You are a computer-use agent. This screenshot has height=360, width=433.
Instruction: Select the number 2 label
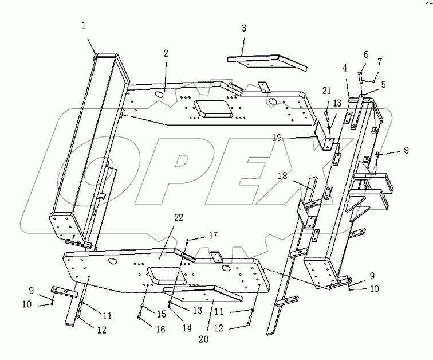tap(166, 53)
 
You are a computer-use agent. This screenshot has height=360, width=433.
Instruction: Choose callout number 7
tap(378, 61)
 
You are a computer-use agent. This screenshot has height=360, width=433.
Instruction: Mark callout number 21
tap(326, 90)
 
